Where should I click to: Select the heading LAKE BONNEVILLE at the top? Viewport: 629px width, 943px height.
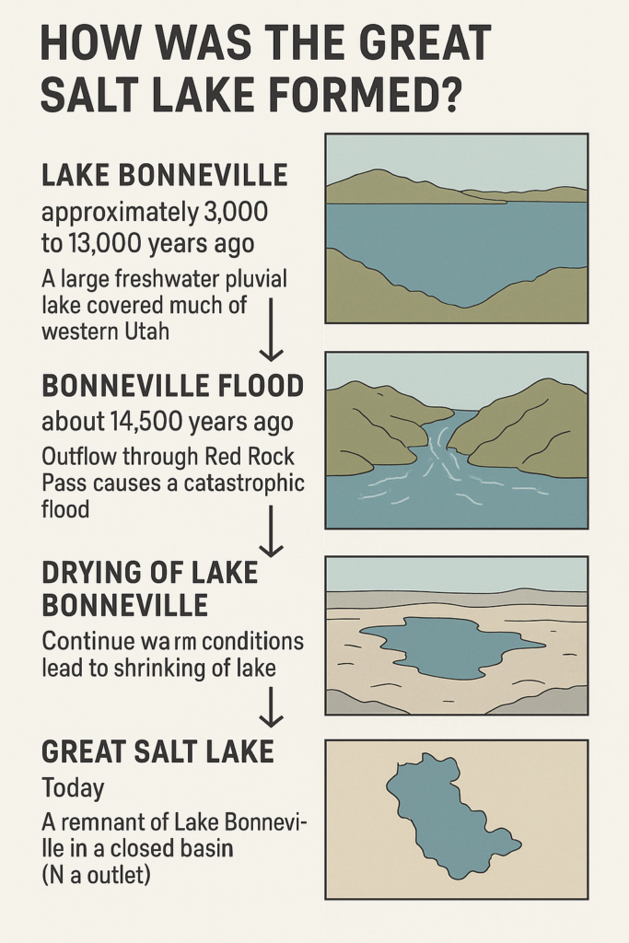165,175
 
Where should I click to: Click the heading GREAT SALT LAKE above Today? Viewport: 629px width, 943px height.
158,751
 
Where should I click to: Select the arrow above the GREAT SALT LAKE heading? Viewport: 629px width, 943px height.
271,707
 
